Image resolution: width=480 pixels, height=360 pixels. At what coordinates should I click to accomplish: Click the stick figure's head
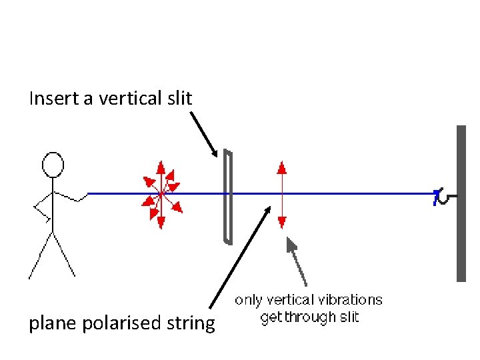click(53, 165)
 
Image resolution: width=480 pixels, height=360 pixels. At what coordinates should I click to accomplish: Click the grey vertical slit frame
click(228, 197)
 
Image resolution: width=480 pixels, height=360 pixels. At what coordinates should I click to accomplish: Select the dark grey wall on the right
click(461, 203)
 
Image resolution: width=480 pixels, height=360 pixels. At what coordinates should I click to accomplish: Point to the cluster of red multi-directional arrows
click(161, 194)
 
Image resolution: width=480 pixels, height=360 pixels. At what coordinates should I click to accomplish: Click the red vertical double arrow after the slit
click(282, 194)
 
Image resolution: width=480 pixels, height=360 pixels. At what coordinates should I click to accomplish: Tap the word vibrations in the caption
click(351, 300)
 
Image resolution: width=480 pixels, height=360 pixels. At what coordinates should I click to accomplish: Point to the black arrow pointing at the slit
click(204, 133)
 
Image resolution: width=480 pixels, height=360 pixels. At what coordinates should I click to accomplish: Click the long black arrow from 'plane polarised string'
click(240, 257)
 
